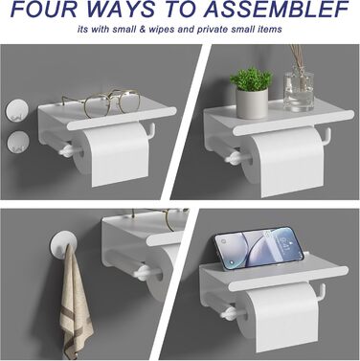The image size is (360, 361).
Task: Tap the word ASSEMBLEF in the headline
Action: (276, 10)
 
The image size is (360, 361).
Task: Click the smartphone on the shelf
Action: (259, 248)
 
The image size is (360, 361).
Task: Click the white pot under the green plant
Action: (252, 103)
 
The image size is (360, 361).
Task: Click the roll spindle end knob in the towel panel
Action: (142, 272)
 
